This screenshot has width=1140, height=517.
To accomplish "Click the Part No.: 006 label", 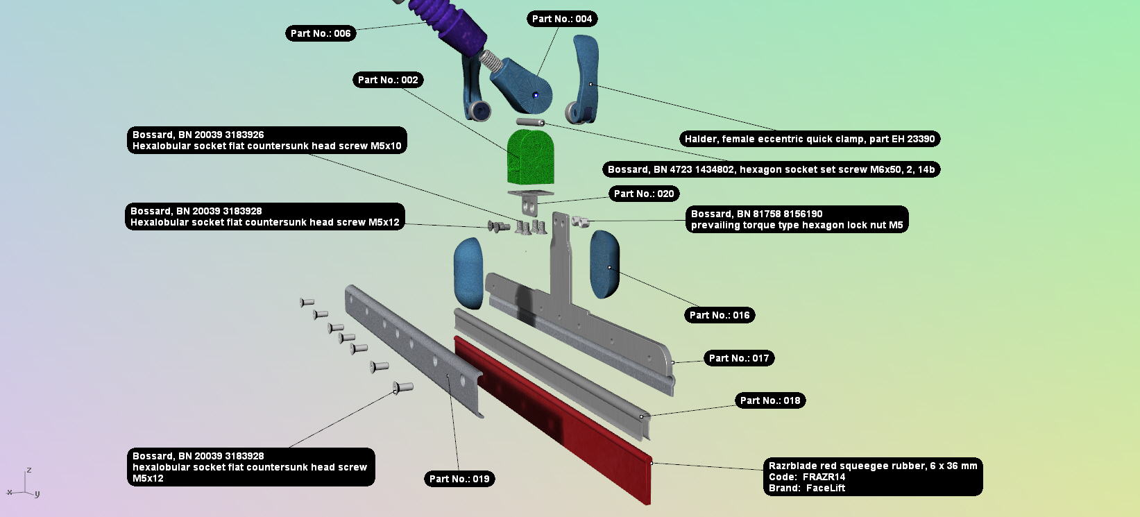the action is (x=321, y=33).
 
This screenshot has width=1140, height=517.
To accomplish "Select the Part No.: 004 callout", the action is (x=562, y=19).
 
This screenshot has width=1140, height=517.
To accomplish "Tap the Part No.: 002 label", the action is (x=388, y=80).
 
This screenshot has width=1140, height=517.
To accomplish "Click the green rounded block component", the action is (x=530, y=157).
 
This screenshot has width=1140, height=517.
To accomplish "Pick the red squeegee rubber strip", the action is (x=553, y=420).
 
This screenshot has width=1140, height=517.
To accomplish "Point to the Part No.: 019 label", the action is (x=459, y=479).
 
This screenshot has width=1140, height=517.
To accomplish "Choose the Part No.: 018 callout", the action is (x=770, y=400).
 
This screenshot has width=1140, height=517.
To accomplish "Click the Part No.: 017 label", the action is (x=739, y=358).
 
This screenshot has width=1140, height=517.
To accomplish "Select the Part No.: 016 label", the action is (x=720, y=315).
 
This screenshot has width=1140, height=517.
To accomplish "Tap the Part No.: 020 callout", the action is (x=644, y=194).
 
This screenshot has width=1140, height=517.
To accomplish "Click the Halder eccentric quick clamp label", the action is (x=810, y=139).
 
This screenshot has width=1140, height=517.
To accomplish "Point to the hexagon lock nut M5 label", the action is (x=797, y=219).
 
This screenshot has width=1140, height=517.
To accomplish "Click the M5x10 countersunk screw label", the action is (x=266, y=140).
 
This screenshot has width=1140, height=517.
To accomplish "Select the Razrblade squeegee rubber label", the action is (x=873, y=477).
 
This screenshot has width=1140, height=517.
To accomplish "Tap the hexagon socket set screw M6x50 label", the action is (x=771, y=169).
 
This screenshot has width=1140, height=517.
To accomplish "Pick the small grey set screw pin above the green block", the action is (x=530, y=122).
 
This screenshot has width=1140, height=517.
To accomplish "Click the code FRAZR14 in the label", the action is (x=824, y=477).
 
